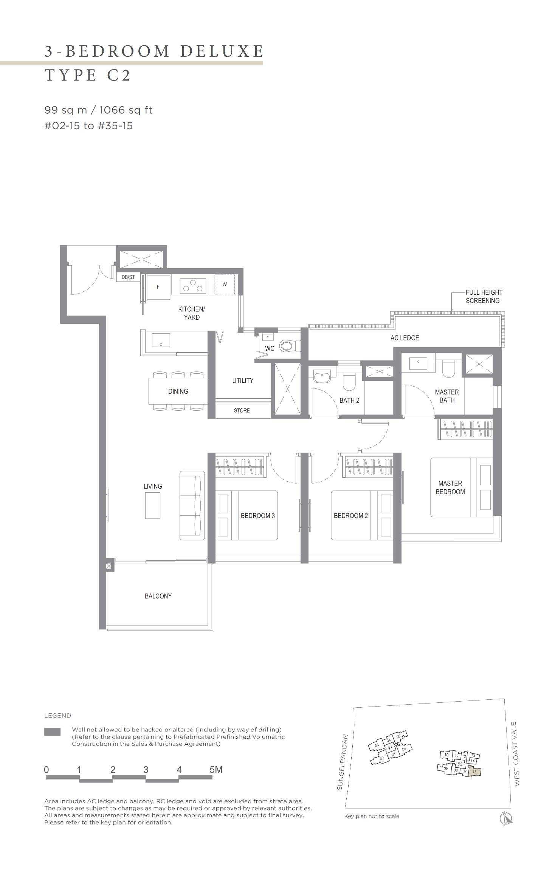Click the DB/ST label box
pyautogui.click(x=128, y=277)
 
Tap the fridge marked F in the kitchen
pyautogui.click(x=158, y=287)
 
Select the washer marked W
pyautogui.click(x=225, y=284)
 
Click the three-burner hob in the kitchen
pyautogui.click(x=193, y=286)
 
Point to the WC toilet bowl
pyautogui.click(x=289, y=345)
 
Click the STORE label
pyautogui.click(x=242, y=410)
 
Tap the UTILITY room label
pyautogui.click(x=243, y=380)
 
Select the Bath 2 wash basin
pyautogui.click(x=322, y=377)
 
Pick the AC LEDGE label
pyautogui.click(x=405, y=338)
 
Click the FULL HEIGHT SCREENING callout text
pyautogui.click(x=484, y=297)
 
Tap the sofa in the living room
pyautogui.click(x=192, y=505)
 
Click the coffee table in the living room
pyautogui.click(x=153, y=506)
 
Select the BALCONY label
pyautogui.click(x=158, y=596)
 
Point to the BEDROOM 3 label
pyautogui.click(x=257, y=515)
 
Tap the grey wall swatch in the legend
pyautogui.click(x=52, y=731)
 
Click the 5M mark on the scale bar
pyautogui.click(x=216, y=770)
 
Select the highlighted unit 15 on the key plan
pyautogui.click(x=475, y=772)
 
